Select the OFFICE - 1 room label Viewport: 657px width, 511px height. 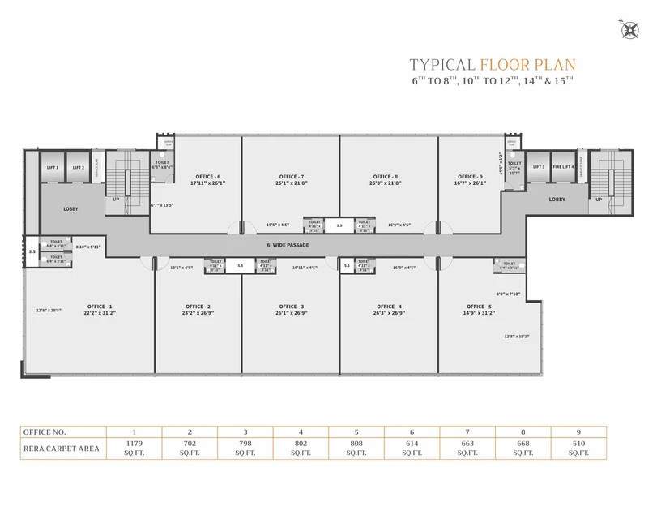tap(100, 307)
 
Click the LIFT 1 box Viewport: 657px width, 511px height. tap(53, 167)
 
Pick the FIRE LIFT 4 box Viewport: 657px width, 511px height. tap(563, 167)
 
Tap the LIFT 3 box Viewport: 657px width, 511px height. tap(538, 167)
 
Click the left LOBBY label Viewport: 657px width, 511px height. tap(70, 208)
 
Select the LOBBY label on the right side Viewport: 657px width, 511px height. tap(557, 199)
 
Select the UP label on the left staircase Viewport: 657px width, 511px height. tap(116, 199)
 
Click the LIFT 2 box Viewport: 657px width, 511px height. tap(78, 167)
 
